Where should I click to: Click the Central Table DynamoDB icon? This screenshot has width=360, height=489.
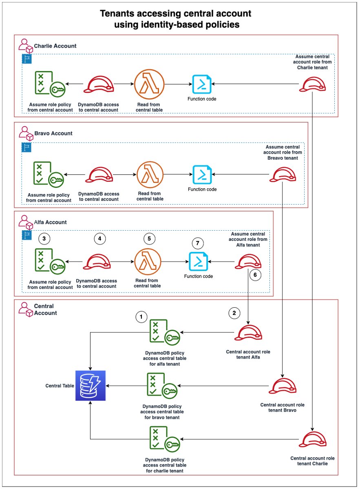coord(91,385)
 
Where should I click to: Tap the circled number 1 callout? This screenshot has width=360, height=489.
coord(141,316)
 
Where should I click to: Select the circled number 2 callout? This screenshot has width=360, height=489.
coord(234,313)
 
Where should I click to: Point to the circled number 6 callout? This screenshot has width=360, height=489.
coord(255,275)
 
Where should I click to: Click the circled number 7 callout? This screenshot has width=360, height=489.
coord(198,243)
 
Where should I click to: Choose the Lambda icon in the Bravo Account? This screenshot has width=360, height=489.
coord(150,175)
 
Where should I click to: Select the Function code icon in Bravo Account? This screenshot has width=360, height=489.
coord(202,174)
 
